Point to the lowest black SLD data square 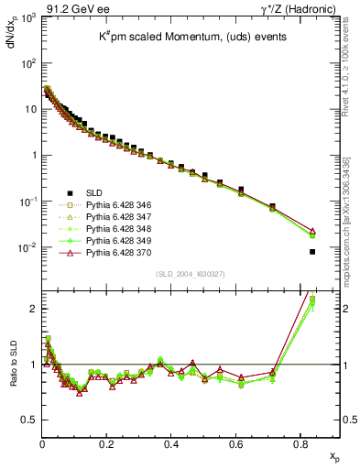coord(313,252)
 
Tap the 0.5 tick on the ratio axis coord(28,420)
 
